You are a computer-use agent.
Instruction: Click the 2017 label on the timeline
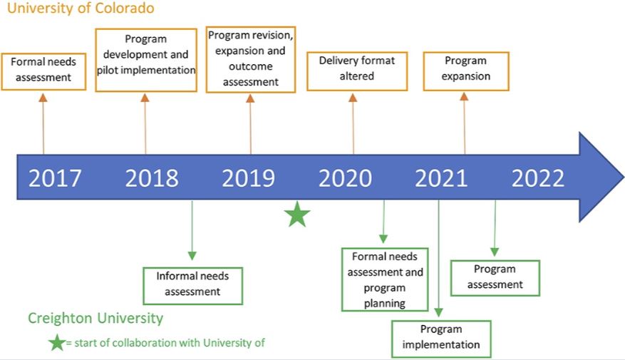(55, 178)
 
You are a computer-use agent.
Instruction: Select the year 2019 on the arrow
(248, 178)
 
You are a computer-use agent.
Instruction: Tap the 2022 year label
(538, 178)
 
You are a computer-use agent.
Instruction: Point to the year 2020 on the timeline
(345, 178)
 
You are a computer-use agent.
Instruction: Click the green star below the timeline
(297, 215)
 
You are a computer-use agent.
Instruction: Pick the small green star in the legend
(56, 343)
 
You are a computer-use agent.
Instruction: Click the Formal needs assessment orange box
(43, 70)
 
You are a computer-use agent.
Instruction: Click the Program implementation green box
(441, 337)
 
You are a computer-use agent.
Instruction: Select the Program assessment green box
(495, 277)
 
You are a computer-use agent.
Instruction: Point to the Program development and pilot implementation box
(146, 60)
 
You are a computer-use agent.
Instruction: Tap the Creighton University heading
(95, 318)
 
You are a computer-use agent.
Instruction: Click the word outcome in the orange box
(251, 66)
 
